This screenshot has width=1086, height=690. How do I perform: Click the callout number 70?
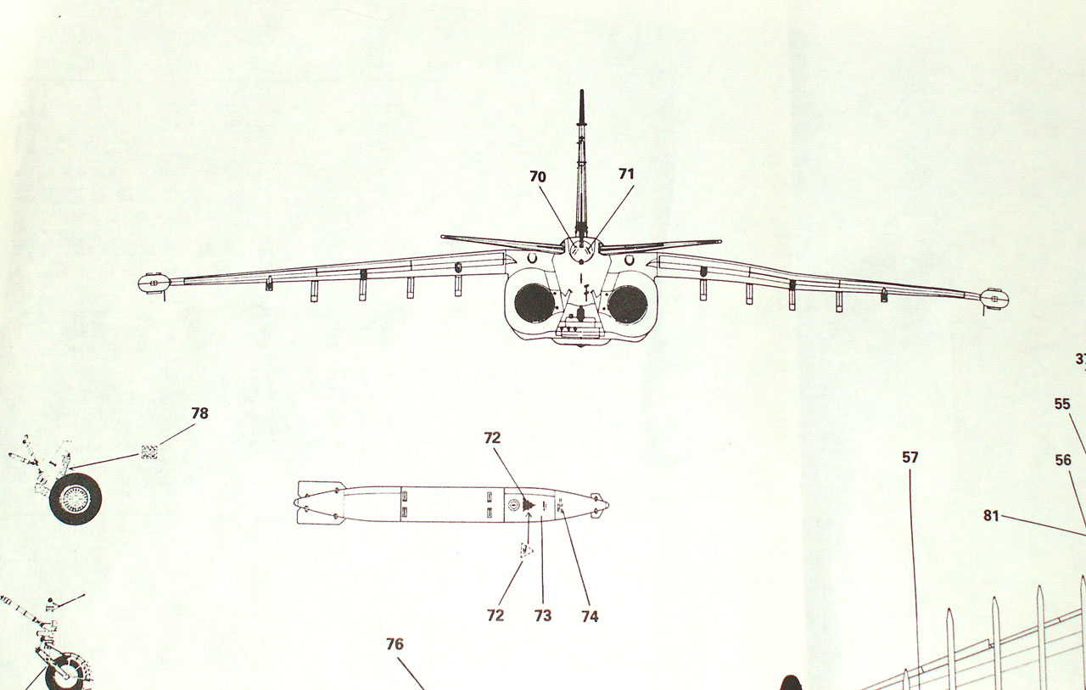(538, 177)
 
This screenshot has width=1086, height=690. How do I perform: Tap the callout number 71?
(626, 174)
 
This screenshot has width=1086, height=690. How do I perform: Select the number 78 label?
(199, 413)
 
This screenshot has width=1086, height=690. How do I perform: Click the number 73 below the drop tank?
(543, 615)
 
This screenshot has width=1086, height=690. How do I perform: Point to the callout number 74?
(590, 617)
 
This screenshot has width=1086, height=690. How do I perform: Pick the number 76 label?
(395, 644)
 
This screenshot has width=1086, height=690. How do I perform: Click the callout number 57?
(910, 457)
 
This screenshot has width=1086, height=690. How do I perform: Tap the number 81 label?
(991, 515)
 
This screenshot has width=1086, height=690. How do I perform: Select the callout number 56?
(1063, 460)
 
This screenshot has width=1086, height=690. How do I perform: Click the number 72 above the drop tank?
(493, 438)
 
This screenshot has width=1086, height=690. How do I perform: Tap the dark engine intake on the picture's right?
(628, 304)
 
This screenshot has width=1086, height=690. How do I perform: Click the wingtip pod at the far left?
(154, 283)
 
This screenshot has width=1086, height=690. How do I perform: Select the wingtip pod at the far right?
(994, 297)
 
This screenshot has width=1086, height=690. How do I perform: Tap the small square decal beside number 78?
(150, 452)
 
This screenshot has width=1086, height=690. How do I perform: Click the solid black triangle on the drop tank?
(528, 505)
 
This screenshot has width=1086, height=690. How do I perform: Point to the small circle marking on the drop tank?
(512, 505)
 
